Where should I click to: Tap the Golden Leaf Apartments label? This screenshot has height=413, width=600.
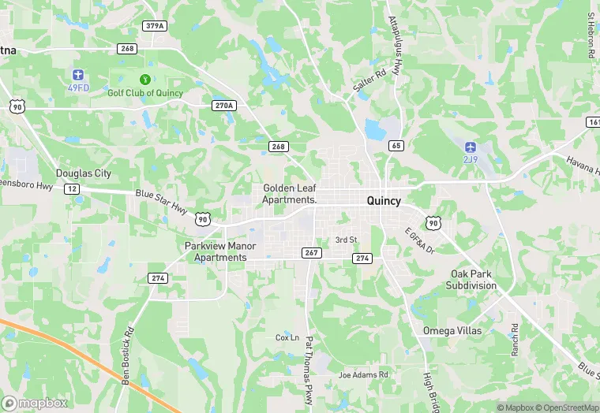[x=290, y=194]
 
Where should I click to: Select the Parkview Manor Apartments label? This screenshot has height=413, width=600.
[x=221, y=251]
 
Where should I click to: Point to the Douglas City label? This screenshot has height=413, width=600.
[x=84, y=173]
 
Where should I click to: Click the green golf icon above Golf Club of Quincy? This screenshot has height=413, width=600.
[x=144, y=79]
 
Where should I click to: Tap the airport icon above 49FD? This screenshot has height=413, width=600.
[x=77, y=73]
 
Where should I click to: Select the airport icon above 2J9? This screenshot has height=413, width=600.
[x=471, y=147]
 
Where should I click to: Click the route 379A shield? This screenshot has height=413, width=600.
[x=155, y=26]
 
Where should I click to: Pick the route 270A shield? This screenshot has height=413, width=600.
[x=224, y=105]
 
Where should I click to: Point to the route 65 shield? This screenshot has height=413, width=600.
[x=396, y=146]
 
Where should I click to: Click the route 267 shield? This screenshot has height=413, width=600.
[x=311, y=252]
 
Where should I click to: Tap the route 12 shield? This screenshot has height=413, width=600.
[x=72, y=189]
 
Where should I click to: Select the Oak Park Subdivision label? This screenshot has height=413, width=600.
[x=471, y=279]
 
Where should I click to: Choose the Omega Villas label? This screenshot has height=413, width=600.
[x=452, y=330]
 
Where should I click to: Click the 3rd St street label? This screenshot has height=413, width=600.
[x=347, y=240]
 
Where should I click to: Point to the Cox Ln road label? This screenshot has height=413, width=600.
[x=287, y=337]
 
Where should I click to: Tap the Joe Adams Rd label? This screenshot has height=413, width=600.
[x=363, y=375]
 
